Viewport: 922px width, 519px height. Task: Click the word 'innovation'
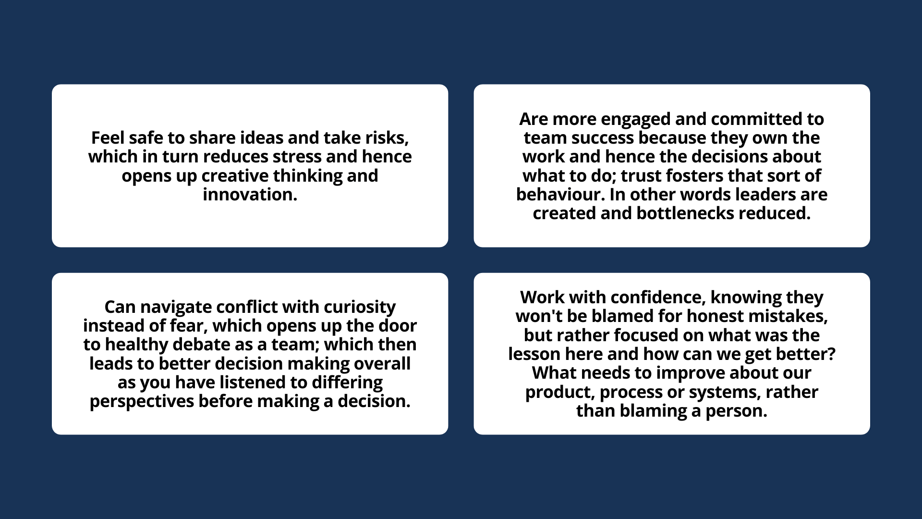click(248, 195)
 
